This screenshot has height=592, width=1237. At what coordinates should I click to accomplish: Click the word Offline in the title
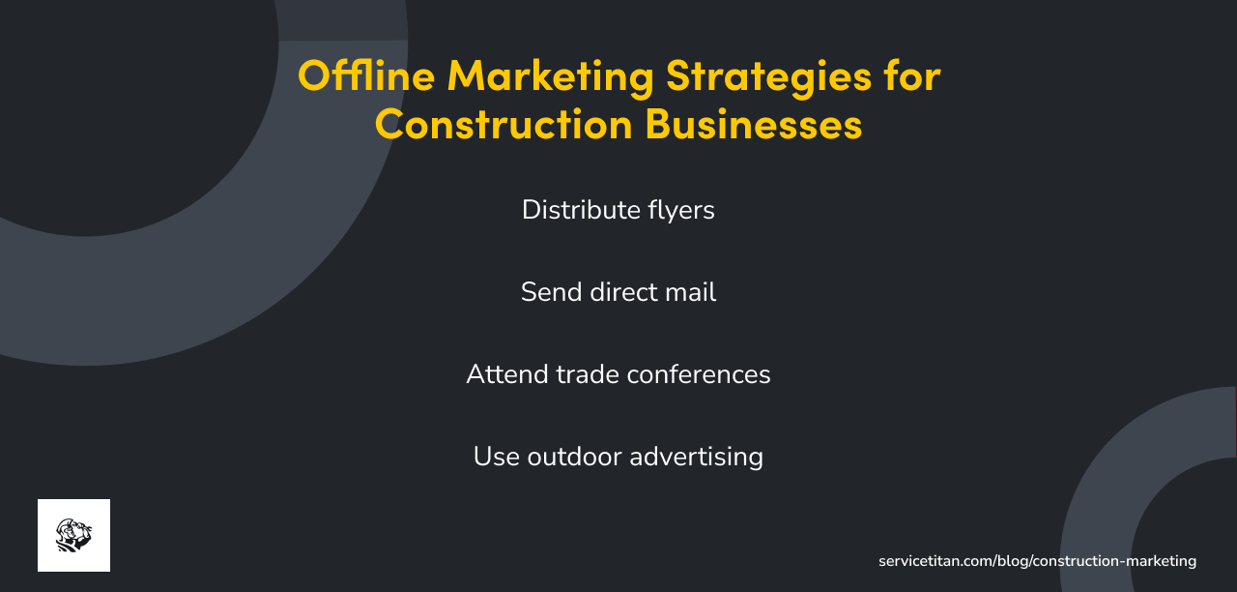click(x=366, y=75)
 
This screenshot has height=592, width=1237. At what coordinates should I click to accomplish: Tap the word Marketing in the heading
click(x=550, y=75)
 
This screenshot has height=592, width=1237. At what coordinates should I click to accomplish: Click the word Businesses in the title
click(x=754, y=125)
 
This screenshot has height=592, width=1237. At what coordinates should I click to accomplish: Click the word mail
click(x=690, y=292)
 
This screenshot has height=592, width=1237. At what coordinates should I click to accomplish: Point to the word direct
click(x=620, y=292)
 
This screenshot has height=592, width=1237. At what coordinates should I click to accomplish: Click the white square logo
click(x=73, y=535)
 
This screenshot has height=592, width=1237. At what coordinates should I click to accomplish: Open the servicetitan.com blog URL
click(x=1037, y=561)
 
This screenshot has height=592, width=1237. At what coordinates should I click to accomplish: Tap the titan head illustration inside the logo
click(x=73, y=535)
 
